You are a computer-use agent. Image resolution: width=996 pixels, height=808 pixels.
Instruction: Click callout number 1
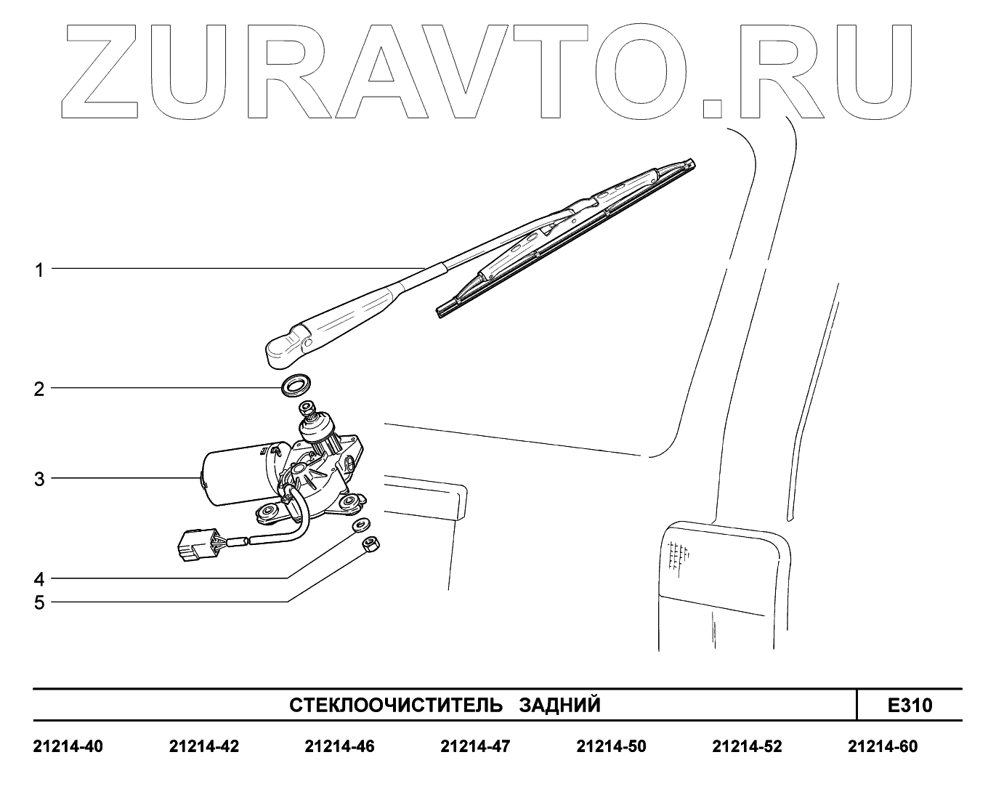pyautogui.click(x=40, y=270)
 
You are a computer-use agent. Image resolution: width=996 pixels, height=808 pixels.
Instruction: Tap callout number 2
pyautogui.click(x=39, y=389)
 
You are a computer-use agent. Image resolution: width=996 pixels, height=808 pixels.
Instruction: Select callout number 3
pyautogui.click(x=39, y=480)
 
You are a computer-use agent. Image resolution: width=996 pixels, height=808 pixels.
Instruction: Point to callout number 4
pyautogui.click(x=39, y=579)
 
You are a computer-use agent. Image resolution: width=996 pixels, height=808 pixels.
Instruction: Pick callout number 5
pyautogui.click(x=39, y=602)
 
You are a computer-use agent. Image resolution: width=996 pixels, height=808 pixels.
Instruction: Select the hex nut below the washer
pyautogui.click(x=369, y=543)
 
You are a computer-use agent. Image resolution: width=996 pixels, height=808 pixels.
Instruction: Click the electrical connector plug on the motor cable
pyautogui.click(x=195, y=545)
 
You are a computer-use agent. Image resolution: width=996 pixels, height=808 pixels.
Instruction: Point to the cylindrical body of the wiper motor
pyautogui.click(x=232, y=476)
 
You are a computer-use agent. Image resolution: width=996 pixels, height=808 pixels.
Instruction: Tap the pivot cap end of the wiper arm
pyautogui.click(x=283, y=349)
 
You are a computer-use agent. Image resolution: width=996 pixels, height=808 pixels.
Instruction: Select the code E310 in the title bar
pyautogui.click(x=910, y=705)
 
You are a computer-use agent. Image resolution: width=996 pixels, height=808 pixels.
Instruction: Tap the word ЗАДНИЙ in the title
pyautogui.click(x=560, y=705)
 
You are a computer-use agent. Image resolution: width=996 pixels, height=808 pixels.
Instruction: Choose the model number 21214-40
pyautogui.click(x=68, y=746)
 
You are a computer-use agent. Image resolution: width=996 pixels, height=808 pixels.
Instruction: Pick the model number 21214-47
pyautogui.click(x=475, y=746)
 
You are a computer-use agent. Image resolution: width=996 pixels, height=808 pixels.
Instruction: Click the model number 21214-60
pyautogui.click(x=883, y=746)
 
